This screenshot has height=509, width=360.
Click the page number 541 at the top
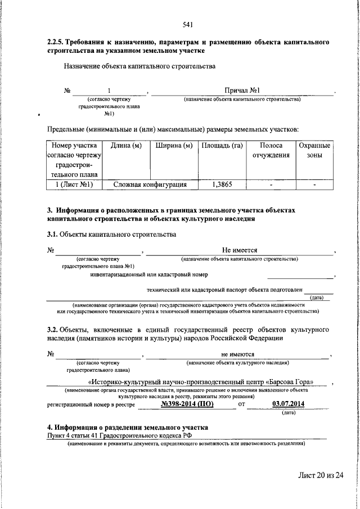[188, 24]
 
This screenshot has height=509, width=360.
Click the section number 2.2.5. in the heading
[56, 42]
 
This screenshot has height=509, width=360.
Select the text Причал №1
[241, 90]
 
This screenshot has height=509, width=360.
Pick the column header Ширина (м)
[174, 146]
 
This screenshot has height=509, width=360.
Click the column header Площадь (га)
[221, 146]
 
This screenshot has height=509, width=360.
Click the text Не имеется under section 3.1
[240, 250]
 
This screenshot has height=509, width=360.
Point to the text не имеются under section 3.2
[238, 354]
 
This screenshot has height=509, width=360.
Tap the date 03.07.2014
[287, 403]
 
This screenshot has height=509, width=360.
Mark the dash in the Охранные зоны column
[314, 184]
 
